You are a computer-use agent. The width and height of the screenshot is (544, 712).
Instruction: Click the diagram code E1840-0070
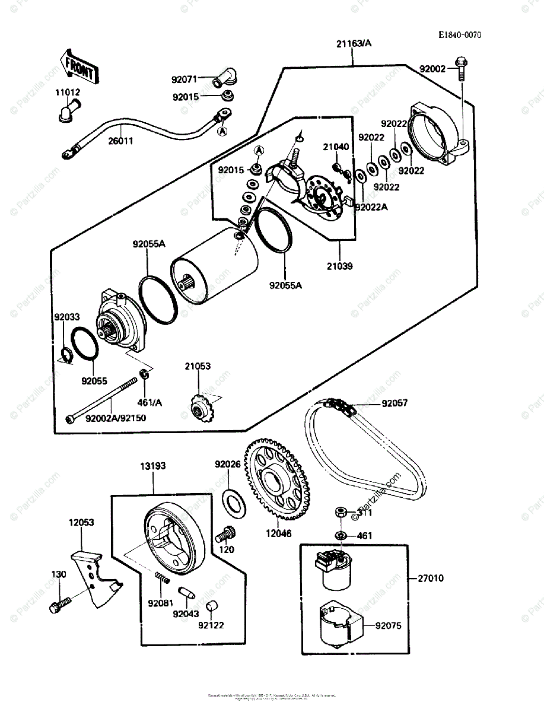(x=460, y=35)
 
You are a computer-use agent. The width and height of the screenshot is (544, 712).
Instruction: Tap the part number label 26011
(x=120, y=142)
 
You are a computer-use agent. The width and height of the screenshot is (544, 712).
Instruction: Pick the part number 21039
(x=339, y=266)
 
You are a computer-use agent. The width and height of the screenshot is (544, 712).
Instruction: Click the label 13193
(x=153, y=466)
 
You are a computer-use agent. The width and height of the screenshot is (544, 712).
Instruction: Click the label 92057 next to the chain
(x=395, y=403)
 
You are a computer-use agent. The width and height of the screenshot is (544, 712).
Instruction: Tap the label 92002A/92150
(x=116, y=418)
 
